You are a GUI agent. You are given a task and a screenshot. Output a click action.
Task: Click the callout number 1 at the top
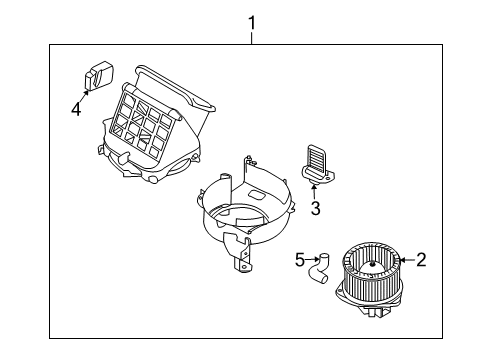(252, 20)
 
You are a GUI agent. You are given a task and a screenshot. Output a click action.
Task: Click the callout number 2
(421, 261)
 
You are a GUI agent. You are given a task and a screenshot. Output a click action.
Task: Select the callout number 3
(314, 208)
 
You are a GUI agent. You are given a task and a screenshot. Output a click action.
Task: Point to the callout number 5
(300, 261)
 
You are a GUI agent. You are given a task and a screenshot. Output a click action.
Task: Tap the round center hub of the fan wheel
(368, 265)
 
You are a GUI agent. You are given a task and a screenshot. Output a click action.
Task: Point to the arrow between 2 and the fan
(405, 261)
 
